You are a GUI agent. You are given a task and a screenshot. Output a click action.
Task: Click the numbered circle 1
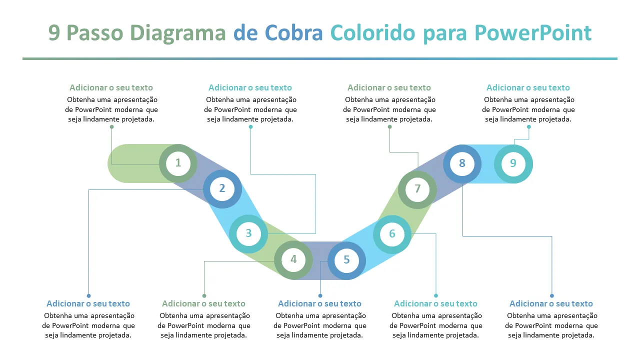tap(178, 163)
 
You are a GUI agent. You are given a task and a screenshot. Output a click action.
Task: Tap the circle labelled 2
tap(222, 188)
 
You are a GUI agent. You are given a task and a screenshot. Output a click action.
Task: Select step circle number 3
tap(248, 233)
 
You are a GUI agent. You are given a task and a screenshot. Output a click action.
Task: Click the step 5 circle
tap(346, 260)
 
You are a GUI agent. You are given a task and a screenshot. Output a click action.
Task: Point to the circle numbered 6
tap(392, 234)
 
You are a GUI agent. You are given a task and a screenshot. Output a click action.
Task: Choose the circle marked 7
tap(417, 189)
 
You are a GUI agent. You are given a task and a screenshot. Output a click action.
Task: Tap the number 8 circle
tap(462, 163)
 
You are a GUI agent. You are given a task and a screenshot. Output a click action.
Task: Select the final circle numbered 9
tap(513, 163)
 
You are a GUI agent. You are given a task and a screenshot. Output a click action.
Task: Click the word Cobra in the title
tap(293, 33)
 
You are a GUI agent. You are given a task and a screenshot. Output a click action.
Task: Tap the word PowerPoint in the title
tap(533, 33)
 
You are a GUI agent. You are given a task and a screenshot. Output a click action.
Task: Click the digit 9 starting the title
tap(54, 33)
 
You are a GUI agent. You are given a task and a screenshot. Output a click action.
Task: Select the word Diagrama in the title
tap(178, 33)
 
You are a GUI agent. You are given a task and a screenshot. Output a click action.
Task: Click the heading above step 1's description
tap(111, 87)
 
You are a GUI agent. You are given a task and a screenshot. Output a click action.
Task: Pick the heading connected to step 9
tap(528, 87)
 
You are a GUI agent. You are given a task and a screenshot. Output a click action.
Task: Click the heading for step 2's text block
tap(88, 303)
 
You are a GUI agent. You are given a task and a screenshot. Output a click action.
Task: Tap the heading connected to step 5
tap(319, 303)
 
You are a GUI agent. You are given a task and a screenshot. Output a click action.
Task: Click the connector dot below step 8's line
tap(551, 295)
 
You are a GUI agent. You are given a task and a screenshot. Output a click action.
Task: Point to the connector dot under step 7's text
tap(389, 126)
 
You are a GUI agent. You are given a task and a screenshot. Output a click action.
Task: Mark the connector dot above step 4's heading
tap(204, 295)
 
